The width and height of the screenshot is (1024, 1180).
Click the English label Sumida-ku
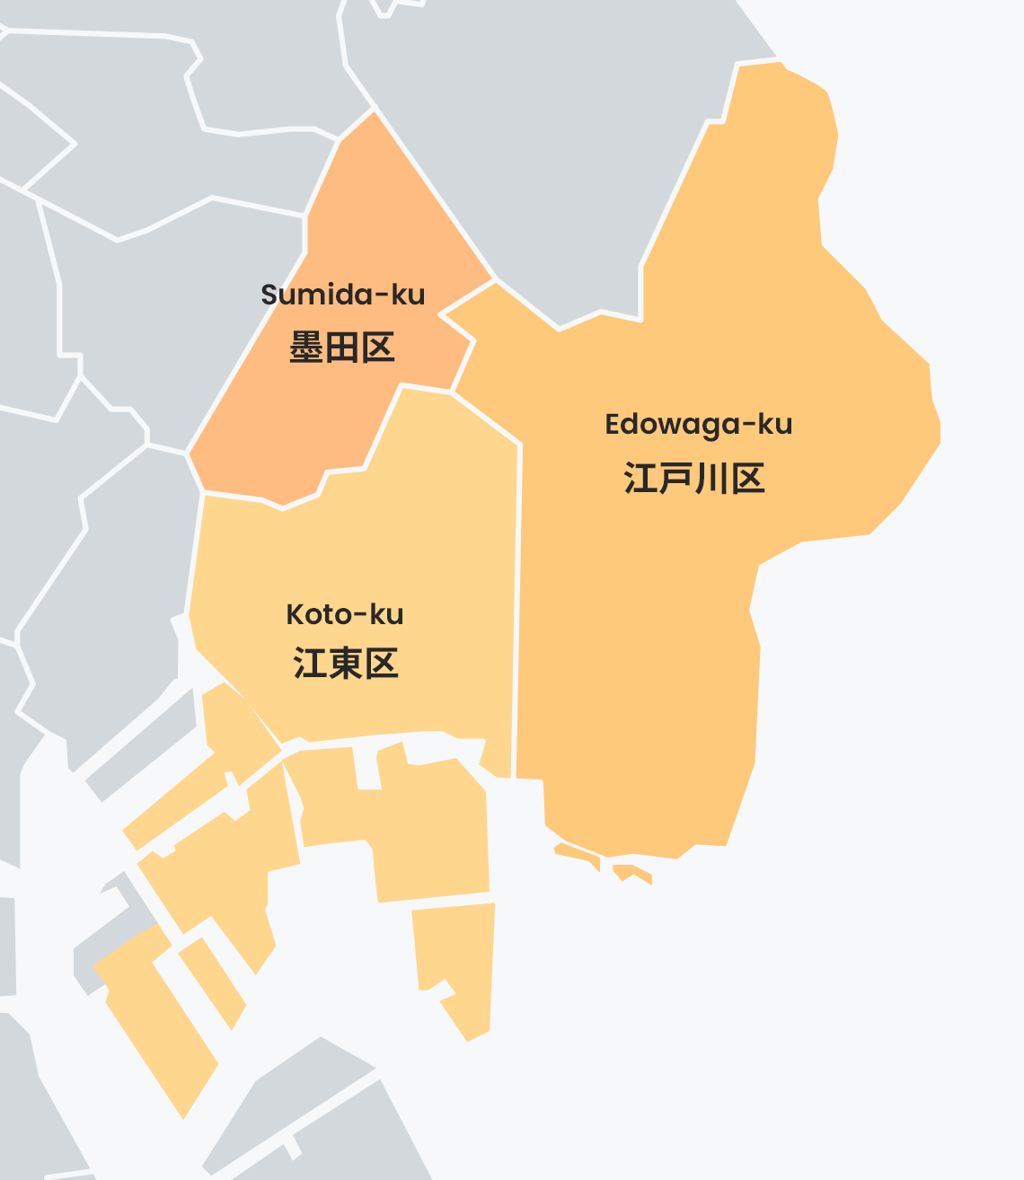tap(342, 295)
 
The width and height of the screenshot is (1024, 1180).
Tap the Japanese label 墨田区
tap(342, 347)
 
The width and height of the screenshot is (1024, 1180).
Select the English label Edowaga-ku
tap(698, 424)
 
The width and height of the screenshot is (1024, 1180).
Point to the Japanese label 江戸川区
tap(694, 479)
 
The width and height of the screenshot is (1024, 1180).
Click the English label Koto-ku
tap(345, 614)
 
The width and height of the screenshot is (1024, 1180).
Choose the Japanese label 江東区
tap(346, 664)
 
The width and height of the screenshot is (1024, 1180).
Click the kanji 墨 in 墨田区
tap(306, 347)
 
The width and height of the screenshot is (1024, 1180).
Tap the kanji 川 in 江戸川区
tap(711, 479)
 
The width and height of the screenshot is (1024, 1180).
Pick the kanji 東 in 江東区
tap(346, 664)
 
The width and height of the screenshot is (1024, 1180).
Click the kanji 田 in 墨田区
tap(342, 347)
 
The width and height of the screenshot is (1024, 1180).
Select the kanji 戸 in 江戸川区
tap(676, 479)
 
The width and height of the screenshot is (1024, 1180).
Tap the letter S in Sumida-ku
tap(269, 295)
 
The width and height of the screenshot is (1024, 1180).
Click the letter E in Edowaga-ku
tap(613, 424)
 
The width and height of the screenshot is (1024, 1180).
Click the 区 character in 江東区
tap(382, 664)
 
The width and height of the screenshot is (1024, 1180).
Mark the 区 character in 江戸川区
tap(747, 479)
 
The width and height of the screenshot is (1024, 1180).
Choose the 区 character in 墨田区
tap(378, 347)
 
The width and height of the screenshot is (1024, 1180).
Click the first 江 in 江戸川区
tap(641, 479)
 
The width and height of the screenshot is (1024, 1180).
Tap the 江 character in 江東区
tap(310, 664)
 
